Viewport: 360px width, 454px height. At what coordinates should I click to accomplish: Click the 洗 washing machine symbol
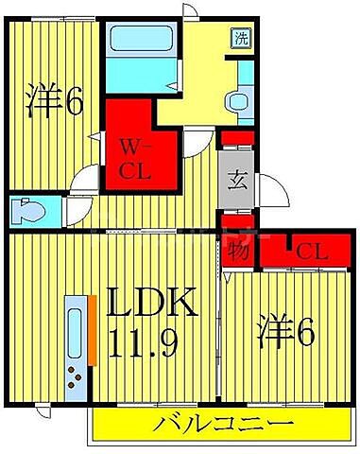pos(242,39)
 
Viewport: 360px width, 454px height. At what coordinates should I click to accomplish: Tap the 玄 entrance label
pos(236,181)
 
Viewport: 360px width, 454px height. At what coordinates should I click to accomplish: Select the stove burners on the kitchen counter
pos(74,377)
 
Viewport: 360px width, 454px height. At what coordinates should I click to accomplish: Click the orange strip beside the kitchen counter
pos(94,329)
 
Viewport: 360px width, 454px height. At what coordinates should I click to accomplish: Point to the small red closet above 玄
pos(235,139)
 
